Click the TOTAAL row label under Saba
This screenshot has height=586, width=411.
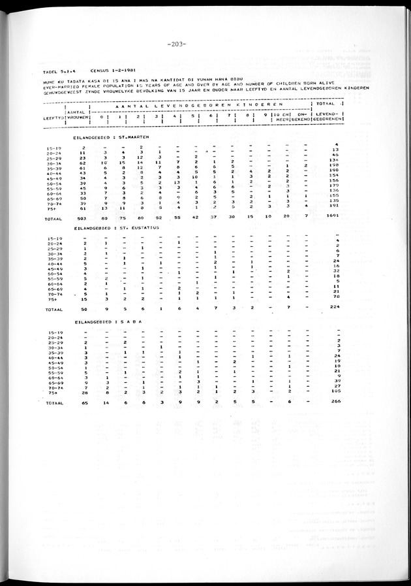point(53,404)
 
